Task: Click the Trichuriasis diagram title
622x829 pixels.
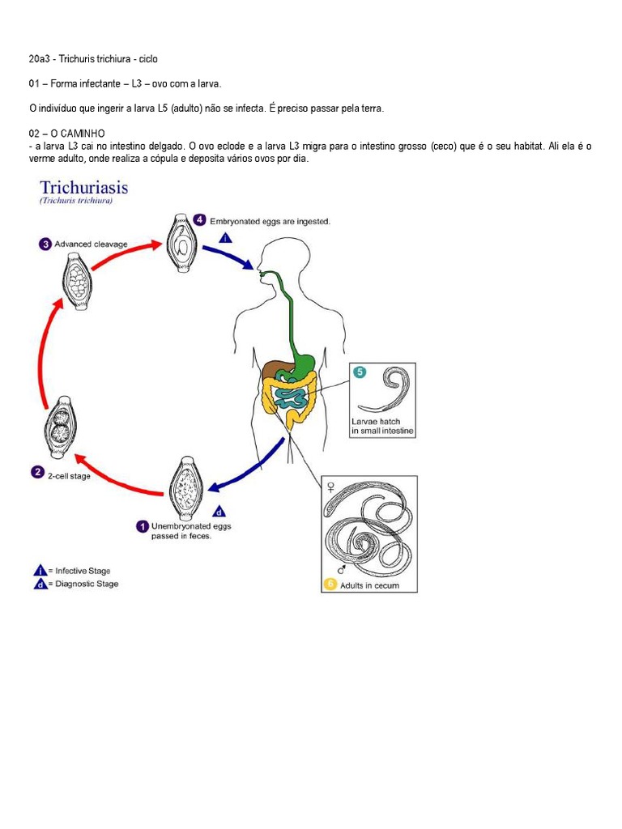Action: pyautogui.click(x=79, y=189)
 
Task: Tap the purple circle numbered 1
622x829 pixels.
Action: pyautogui.click(x=142, y=525)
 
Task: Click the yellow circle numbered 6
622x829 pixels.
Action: pyautogui.click(x=330, y=584)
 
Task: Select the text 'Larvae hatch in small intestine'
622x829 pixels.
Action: pyautogui.click(x=382, y=427)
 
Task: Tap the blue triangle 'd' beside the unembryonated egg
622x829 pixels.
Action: pyautogui.click(x=219, y=511)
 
